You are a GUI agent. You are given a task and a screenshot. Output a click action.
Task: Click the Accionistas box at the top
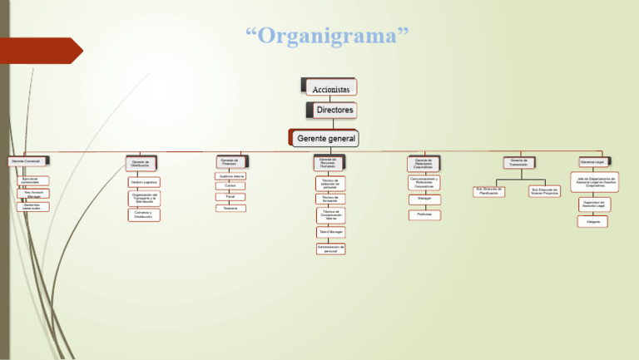[x=330, y=87]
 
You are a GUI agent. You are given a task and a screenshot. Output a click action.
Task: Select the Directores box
[x=334, y=111]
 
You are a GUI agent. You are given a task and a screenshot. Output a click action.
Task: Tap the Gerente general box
[x=326, y=138]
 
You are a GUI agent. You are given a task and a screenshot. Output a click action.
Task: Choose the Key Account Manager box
[x=33, y=194]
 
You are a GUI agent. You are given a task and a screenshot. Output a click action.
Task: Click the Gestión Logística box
[x=144, y=182]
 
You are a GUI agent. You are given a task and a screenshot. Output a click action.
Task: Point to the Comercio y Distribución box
[x=143, y=215]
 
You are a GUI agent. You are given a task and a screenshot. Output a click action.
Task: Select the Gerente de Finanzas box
[x=230, y=162]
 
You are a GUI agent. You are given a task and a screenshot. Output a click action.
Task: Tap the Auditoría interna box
[x=230, y=176]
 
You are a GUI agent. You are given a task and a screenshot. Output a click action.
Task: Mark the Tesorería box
[x=230, y=208]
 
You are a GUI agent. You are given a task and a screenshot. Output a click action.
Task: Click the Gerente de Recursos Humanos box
[x=328, y=163]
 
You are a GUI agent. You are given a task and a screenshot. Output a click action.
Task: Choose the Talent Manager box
[x=330, y=232]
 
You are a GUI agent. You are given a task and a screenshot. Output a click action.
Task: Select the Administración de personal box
[x=330, y=249]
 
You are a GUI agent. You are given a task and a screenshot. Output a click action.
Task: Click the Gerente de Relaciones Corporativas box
[x=424, y=164]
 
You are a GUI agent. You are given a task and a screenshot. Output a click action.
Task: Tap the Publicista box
[x=424, y=215]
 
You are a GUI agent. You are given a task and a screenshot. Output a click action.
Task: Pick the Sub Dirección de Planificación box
[x=489, y=191]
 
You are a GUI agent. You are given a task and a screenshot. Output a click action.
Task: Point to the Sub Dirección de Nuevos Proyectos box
[x=544, y=191]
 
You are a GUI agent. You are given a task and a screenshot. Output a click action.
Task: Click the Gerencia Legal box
[x=592, y=161]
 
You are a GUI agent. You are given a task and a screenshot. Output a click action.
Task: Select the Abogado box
[x=592, y=222]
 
